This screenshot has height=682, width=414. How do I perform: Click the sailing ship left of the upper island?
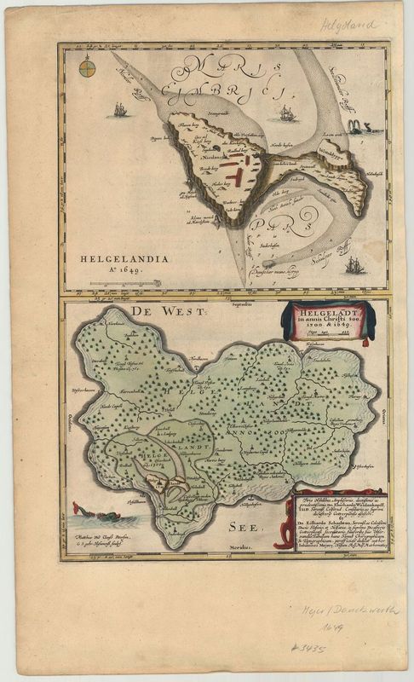121,109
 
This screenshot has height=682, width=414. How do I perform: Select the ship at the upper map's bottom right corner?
354,266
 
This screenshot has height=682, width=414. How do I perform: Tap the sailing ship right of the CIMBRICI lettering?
287,112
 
